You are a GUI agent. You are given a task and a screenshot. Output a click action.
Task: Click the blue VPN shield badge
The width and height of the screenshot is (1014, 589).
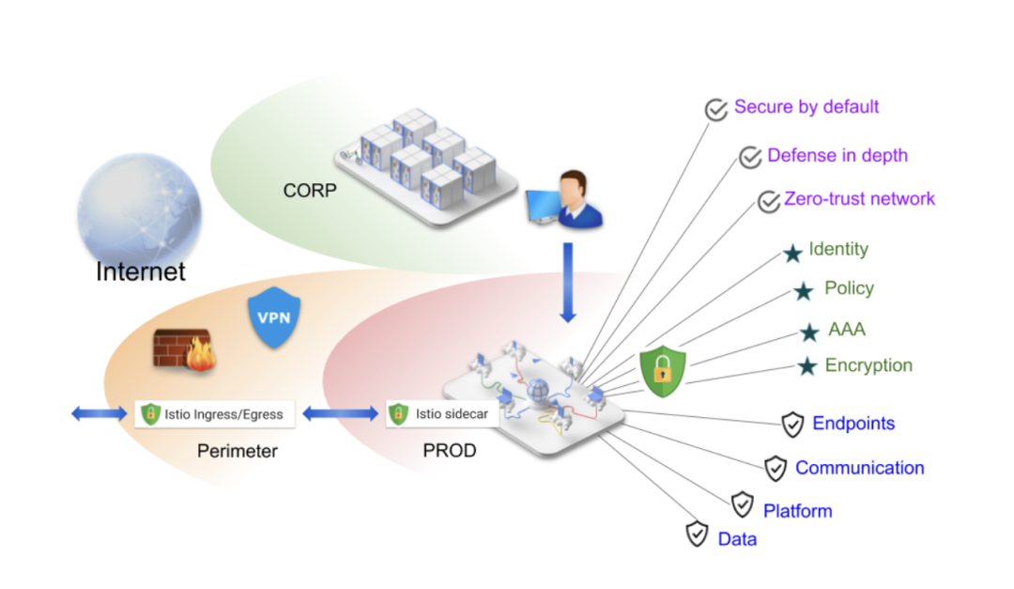[272, 319]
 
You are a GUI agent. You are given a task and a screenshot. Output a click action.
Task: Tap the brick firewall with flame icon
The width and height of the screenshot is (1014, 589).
[184, 349]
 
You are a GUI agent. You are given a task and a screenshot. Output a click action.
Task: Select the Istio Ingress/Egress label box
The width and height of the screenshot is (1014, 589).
[214, 413]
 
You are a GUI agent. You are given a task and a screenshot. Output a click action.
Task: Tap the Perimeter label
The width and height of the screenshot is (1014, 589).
[238, 451]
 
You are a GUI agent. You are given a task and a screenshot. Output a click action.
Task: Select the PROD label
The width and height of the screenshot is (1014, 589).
[450, 451]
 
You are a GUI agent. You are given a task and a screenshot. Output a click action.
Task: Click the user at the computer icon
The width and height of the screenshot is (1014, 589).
[563, 199]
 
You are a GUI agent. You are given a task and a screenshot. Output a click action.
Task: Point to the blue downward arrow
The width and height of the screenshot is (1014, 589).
[567, 283]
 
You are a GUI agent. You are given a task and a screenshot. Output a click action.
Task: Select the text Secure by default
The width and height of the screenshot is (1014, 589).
[807, 106]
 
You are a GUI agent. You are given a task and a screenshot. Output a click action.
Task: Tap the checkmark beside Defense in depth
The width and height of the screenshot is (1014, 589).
[749, 157]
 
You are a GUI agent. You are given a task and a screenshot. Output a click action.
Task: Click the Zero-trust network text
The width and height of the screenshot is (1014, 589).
[860, 198]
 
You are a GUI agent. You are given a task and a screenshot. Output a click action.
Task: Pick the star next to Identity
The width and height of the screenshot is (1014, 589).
[792, 253]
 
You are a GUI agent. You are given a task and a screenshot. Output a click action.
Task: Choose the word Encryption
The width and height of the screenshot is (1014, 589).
[868, 365]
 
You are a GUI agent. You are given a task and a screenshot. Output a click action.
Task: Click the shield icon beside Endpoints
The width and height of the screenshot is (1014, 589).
[792, 425]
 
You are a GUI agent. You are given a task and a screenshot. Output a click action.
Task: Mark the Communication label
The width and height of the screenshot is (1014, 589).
[859, 468]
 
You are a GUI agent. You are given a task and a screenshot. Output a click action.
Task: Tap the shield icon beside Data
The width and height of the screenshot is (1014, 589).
[697, 534]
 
